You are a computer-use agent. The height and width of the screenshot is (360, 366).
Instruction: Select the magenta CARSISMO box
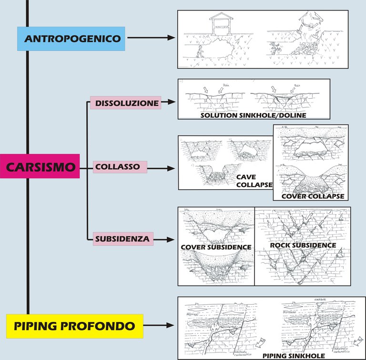pyautogui.click(x=40, y=166)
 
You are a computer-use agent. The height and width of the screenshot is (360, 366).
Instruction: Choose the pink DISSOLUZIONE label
pyautogui.click(x=125, y=103)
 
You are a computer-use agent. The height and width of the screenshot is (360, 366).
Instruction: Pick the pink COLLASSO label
pyautogui.click(x=120, y=167)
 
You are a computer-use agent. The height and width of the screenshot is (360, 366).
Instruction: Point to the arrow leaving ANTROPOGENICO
pyautogui.click(x=150, y=37)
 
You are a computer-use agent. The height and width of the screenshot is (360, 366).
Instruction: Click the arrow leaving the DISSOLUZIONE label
pyautogui.click(x=169, y=102)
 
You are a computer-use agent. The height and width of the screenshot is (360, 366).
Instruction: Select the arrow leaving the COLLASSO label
pyautogui.click(x=162, y=168)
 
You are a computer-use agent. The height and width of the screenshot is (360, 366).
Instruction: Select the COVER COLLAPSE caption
pyautogui.click(x=312, y=196)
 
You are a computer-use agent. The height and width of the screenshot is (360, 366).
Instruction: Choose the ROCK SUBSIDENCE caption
pyautogui.click(x=303, y=245)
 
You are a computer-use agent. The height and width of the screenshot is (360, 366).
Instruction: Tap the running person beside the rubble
pyautogui.click(x=274, y=48)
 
